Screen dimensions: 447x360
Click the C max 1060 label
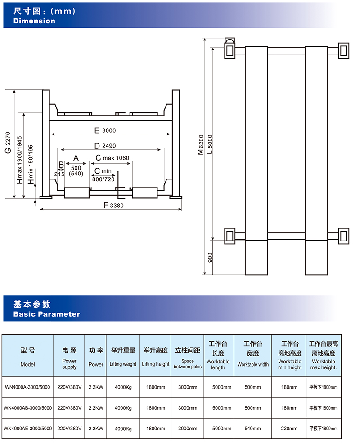click(112, 158)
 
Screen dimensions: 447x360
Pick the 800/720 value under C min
click(103, 179)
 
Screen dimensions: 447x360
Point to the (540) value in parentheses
click(76, 174)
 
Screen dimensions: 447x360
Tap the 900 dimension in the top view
click(210, 258)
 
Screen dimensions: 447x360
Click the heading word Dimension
click(34, 21)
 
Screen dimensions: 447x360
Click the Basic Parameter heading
click(47, 314)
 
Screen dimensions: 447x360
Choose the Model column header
click(27, 364)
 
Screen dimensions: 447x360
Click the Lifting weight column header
click(123, 364)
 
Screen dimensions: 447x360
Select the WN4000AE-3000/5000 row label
click(27, 428)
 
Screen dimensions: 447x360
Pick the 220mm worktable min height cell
click(289, 428)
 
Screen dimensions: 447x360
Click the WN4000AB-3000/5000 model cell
click(27, 408)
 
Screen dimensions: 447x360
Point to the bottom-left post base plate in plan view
click(229, 236)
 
